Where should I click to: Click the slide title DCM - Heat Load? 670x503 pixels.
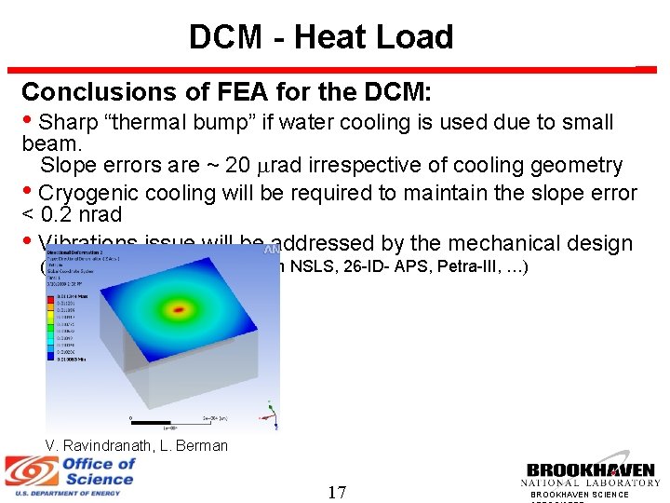coord(321,37)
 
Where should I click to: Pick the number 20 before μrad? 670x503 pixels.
coord(237,166)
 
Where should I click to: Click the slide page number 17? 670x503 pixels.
coord(336,491)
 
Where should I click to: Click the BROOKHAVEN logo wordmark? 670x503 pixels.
coord(590,471)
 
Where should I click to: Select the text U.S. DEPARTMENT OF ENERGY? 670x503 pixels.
coord(61,493)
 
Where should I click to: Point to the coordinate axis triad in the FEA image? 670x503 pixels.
coord(268,411)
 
